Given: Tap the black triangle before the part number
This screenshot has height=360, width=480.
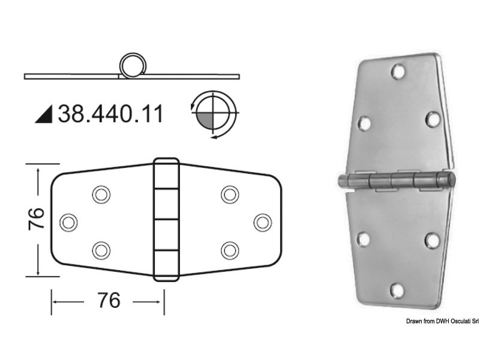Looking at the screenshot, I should [x=44, y=115].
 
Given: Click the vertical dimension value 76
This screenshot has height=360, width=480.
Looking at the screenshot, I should [x=37, y=220].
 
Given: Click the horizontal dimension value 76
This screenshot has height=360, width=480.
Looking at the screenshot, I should [x=108, y=299].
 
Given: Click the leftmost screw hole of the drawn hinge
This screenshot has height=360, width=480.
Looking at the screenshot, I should [x=69, y=222].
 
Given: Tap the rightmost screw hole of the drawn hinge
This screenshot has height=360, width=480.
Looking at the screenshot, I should [x=262, y=222].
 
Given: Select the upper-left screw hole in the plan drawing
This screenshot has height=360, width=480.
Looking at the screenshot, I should [x=101, y=194].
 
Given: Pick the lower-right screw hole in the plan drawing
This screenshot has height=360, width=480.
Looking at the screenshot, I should [x=229, y=250].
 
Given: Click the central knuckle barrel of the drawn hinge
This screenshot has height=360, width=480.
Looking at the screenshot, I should [x=166, y=220].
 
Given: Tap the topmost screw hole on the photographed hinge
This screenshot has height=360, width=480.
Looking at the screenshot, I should [x=397, y=72].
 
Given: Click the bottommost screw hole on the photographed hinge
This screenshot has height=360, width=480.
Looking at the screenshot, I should [x=396, y=291].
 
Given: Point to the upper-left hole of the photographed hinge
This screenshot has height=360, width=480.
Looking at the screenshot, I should [x=364, y=124].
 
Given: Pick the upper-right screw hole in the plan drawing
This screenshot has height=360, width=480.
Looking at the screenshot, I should [x=229, y=194].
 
